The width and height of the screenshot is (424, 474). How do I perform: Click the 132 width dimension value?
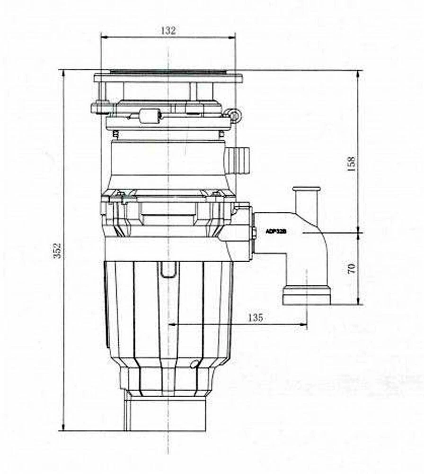click(168, 31)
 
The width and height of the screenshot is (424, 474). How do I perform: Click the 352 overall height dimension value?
click(57, 250)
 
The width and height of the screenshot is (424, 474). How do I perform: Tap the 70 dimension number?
click(351, 269)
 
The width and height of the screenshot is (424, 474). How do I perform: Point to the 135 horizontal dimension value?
click(255, 318)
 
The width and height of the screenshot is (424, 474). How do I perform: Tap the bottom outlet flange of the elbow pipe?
click(307, 295)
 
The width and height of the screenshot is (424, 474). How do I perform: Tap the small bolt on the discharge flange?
click(255, 233)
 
